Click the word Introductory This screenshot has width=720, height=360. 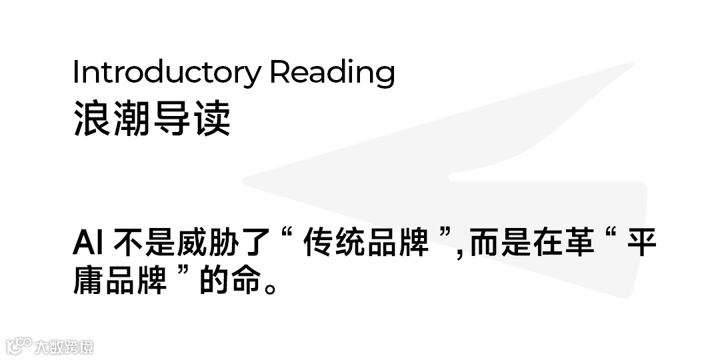click(167, 72)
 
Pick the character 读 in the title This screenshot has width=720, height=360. click(212, 120)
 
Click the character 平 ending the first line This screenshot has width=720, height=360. click(642, 244)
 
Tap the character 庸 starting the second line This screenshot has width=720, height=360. click(88, 281)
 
